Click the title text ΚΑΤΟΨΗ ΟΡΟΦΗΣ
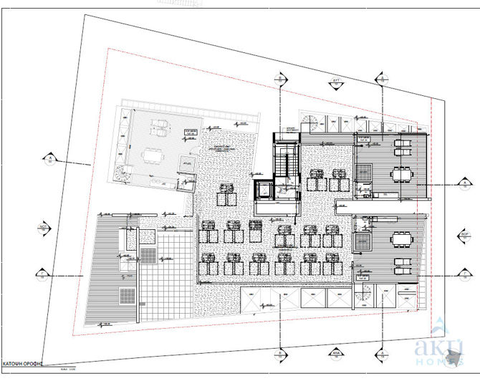tap(23, 364)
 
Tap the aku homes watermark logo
tap(438, 347)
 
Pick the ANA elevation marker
tap(334, 352)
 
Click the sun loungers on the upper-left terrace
tap(159, 130)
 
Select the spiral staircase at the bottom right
tap(365, 293)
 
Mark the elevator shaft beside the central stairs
tap(264, 190)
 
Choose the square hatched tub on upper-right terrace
tap(364, 171)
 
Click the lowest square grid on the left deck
tap(127, 294)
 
